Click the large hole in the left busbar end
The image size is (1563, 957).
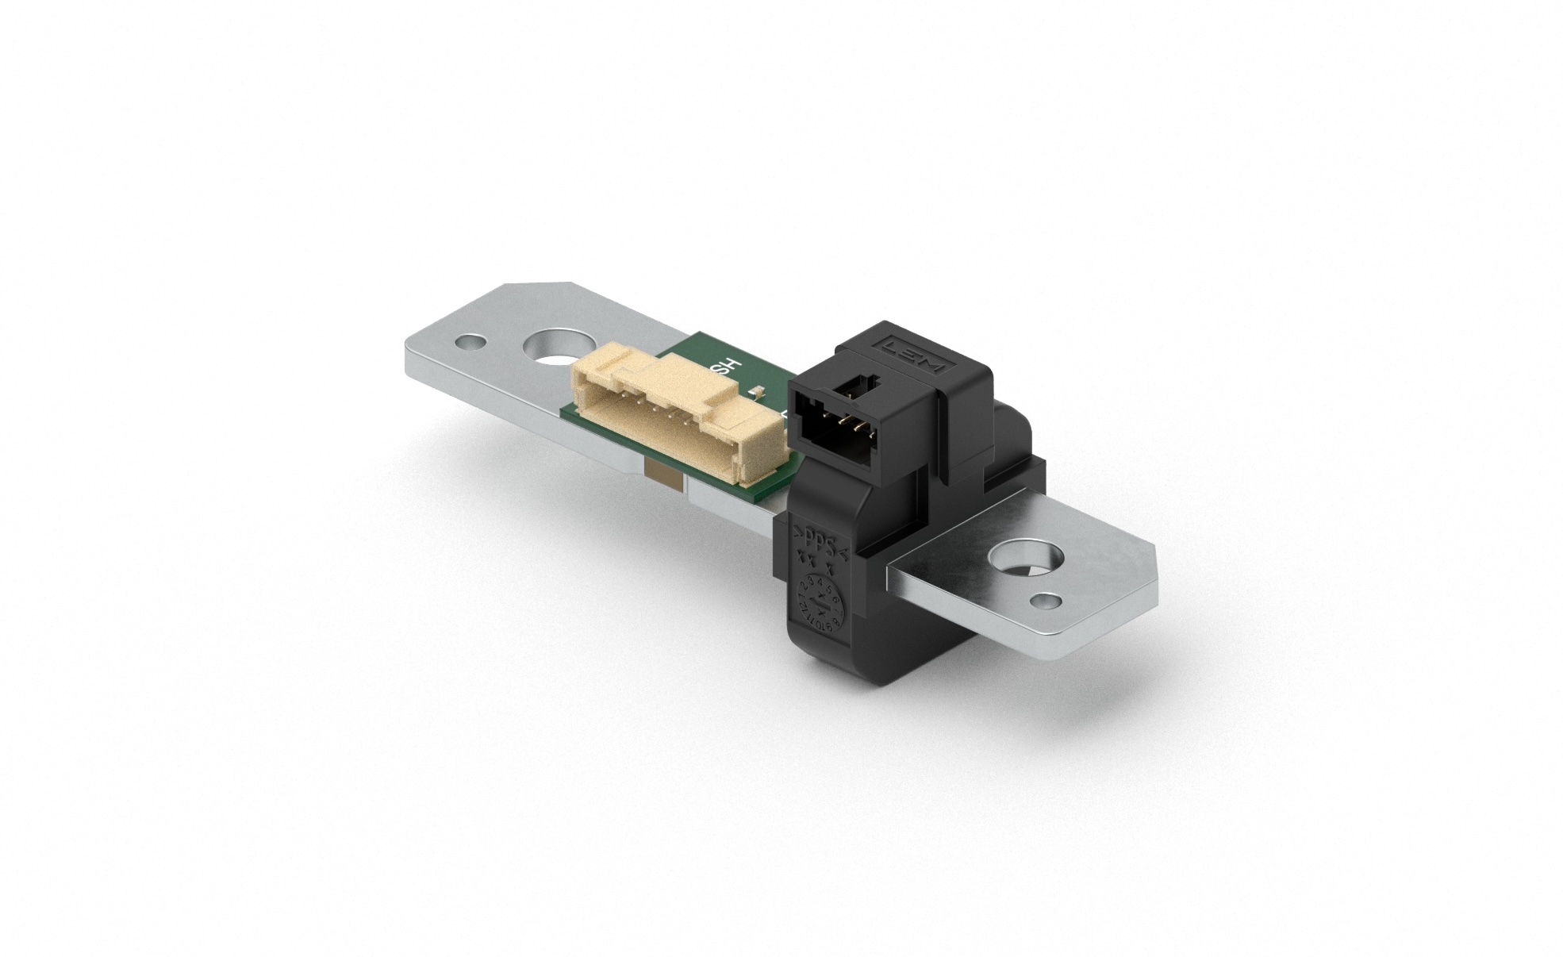pyautogui.click(x=555, y=350)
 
